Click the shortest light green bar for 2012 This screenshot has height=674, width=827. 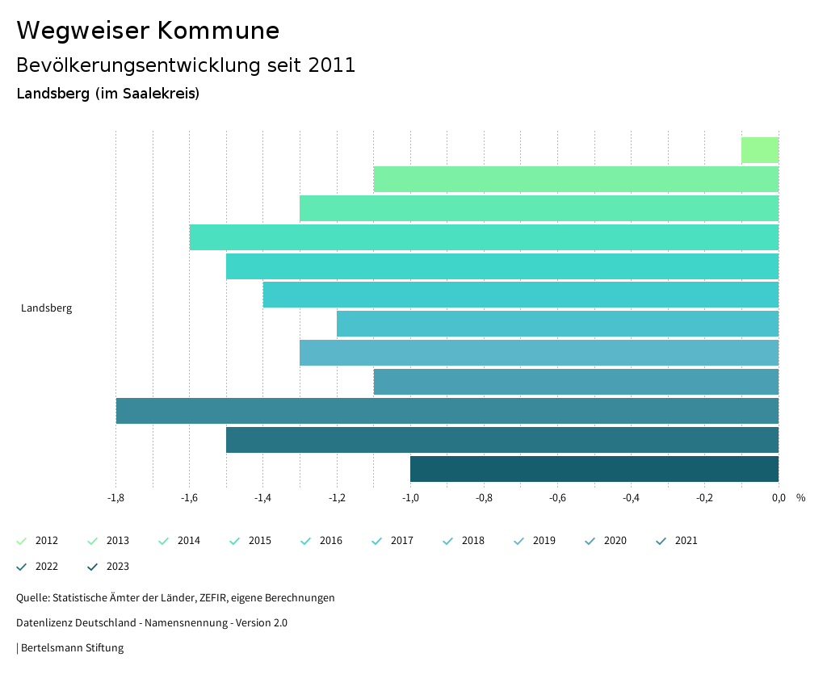pyautogui.click(x=760, y=150)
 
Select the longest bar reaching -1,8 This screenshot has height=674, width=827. pyautogui.click(x=447, y=411)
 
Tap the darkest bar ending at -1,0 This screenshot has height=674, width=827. pyautogui.click(x=594, y=469)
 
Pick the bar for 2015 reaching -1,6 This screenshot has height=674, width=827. pyautogui.click(x=484, y=237)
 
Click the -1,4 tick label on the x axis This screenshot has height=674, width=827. pyautogui.click(x=262, y=498)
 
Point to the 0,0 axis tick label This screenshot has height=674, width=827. pyautogui.click(x=779, y=498)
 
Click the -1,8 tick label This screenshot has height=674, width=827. pyautogui.click(x=115, y=498)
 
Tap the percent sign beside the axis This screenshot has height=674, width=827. pyautogui.click(x=800, y=498)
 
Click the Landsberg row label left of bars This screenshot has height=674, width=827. pyautogui.click(x=46, y=308)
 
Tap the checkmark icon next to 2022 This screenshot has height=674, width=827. pyautogui.click(x=22, y=567)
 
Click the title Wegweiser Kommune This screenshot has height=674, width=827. pyautogui.click(x=148, y=31)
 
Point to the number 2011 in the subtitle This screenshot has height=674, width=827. pyautogui.click(x=332, y=65)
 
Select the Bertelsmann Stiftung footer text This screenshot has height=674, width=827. pyautogui.click(x=72, y=648)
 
